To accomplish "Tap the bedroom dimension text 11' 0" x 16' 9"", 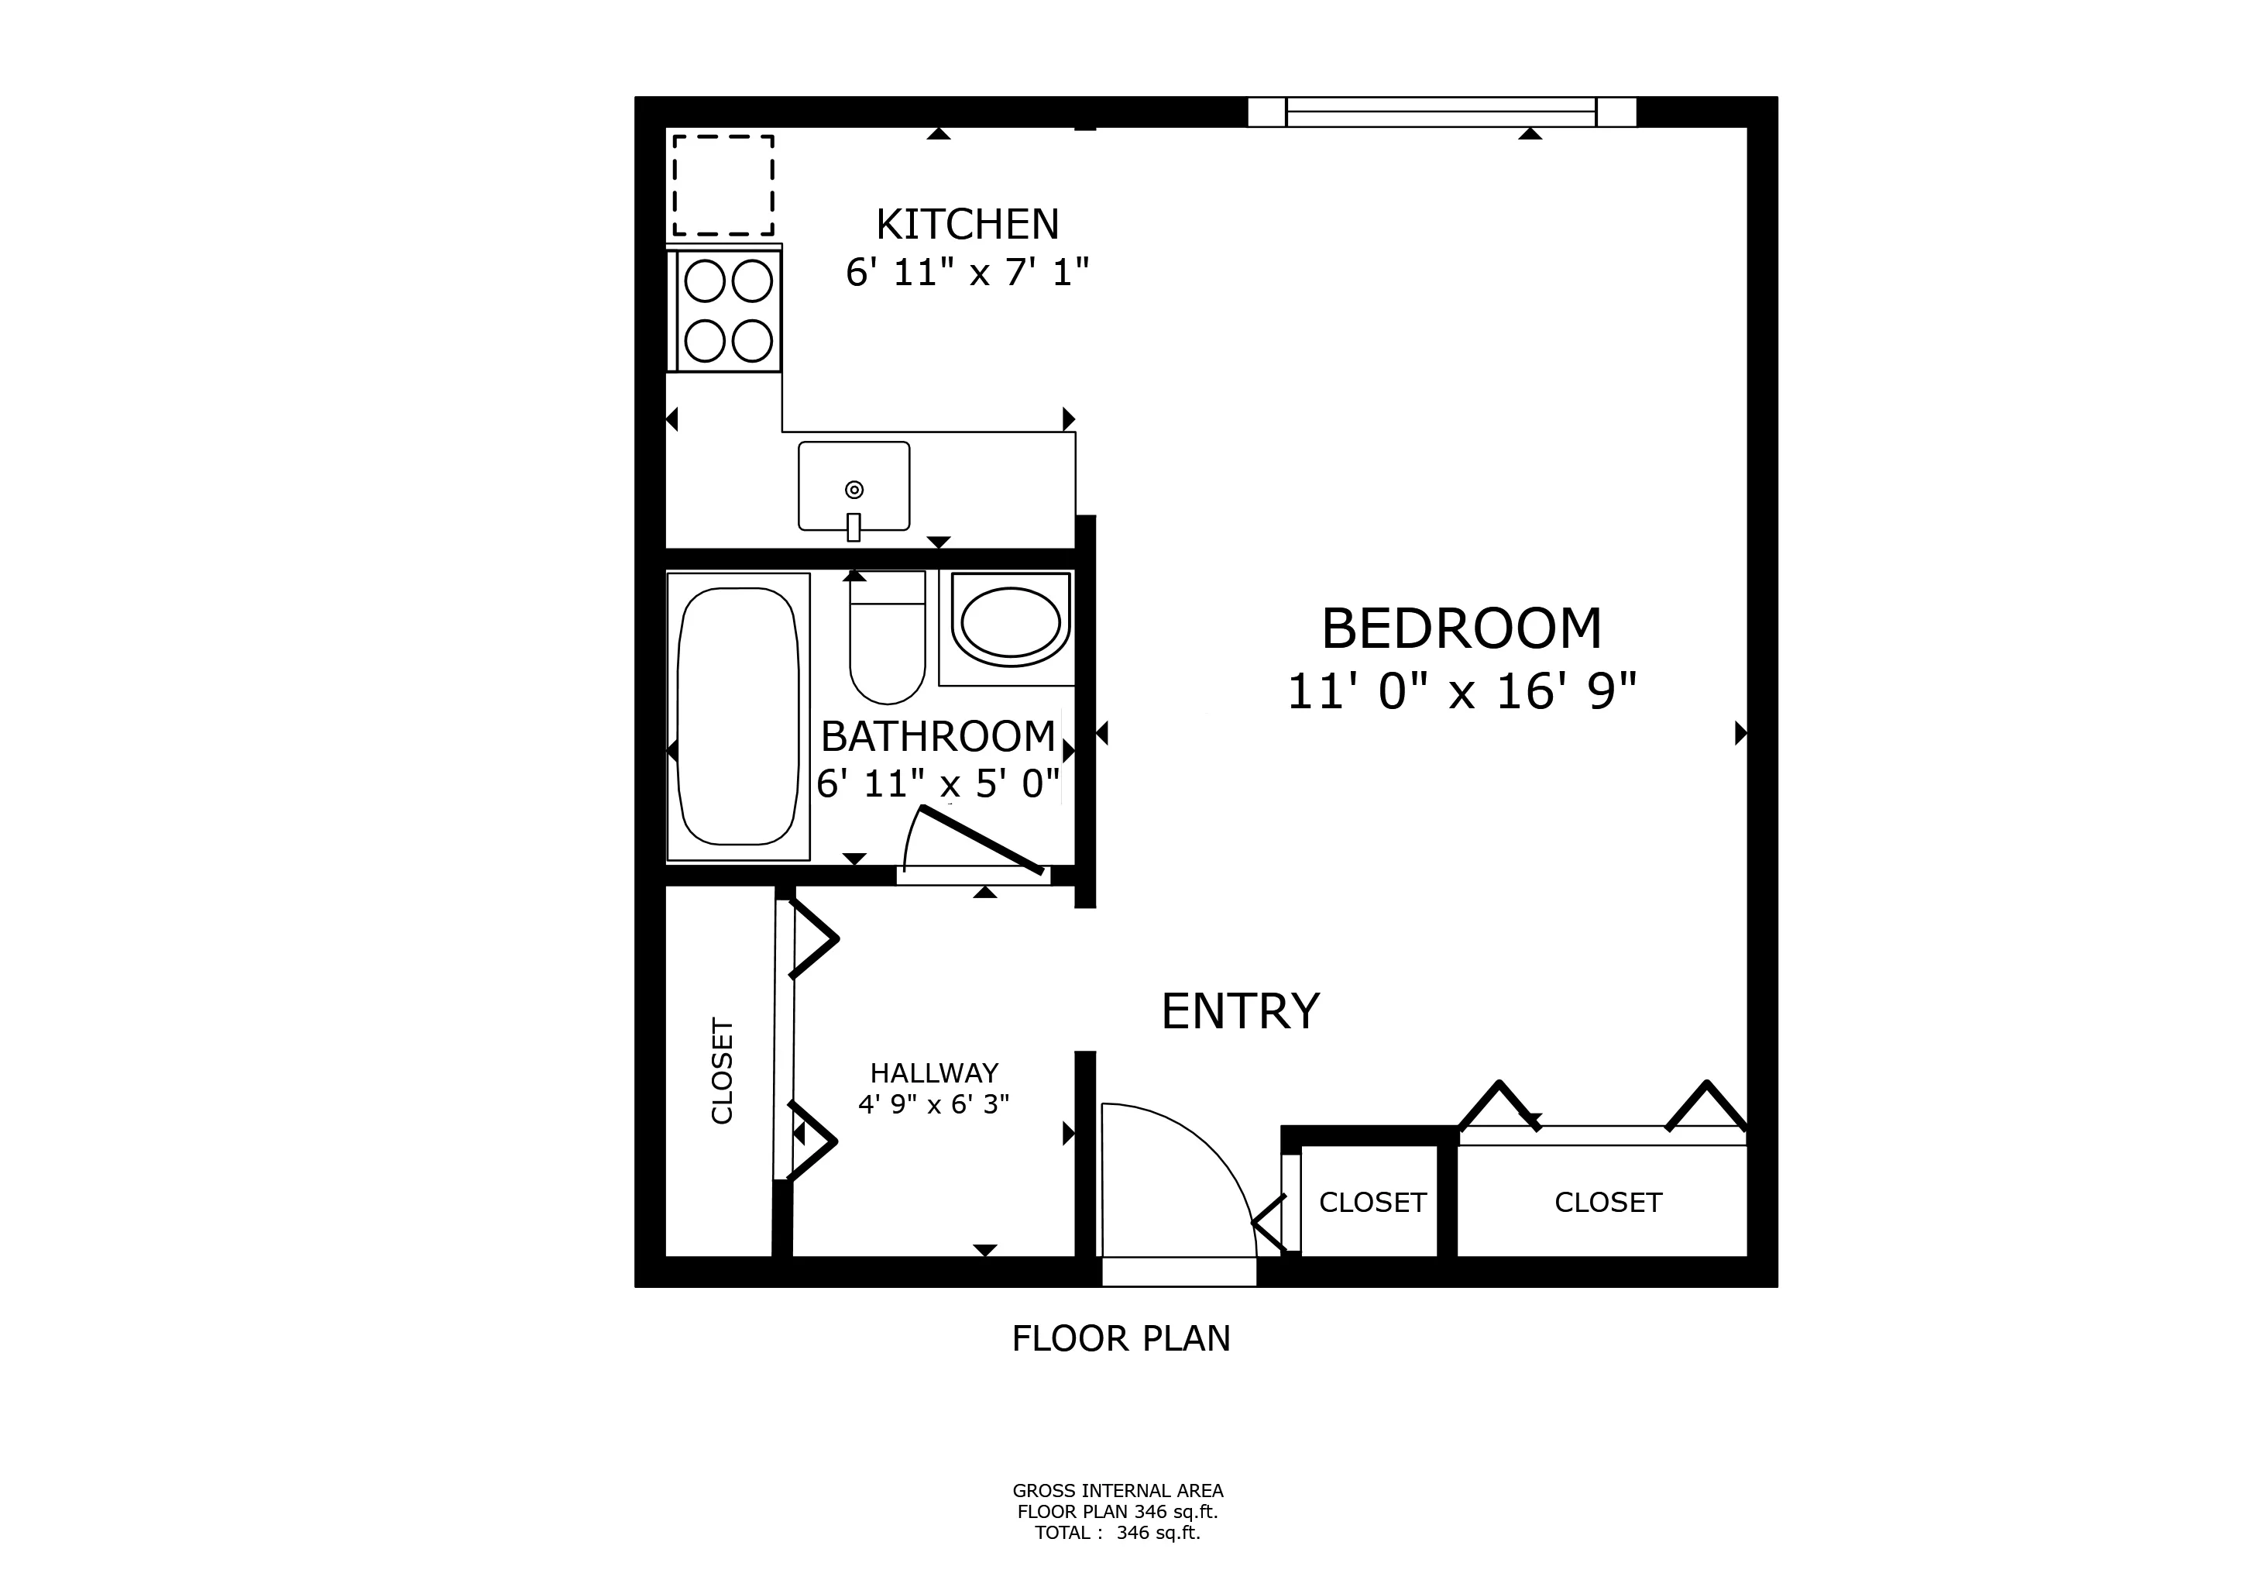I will [x=1461, y=692].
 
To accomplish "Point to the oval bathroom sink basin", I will [x=1010, y=622].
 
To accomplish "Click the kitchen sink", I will [x=854, y=487].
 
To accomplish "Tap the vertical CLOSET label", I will [x=722, y=1071].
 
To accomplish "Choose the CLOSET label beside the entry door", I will [x=1372, y=1203].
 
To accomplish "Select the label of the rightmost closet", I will [x=1608, y=1203].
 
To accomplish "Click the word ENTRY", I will [x=1240, y=1011].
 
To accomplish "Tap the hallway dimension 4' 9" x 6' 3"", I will [x=933, y=1105].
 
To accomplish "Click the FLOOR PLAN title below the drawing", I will [x=1121, y=1337].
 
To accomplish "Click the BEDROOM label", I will [x=1461, y=628].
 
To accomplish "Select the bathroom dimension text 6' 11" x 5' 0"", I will [x=938, y=783].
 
